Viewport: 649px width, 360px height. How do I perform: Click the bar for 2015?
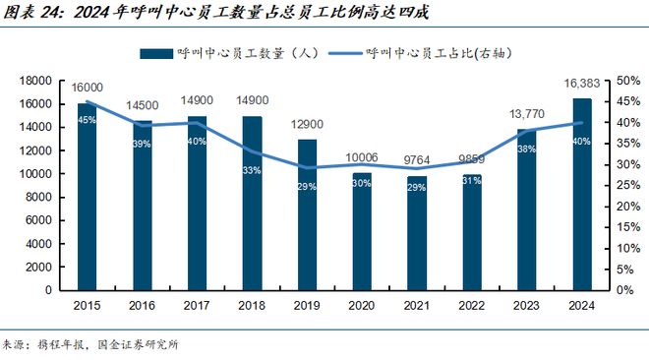pos(87,197)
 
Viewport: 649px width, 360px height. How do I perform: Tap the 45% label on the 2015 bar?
pos(87,121)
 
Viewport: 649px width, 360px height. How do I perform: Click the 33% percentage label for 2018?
pos(252,170)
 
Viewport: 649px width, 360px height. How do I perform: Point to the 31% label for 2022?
pos(473,179)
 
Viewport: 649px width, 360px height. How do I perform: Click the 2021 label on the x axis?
pos(417,305)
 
